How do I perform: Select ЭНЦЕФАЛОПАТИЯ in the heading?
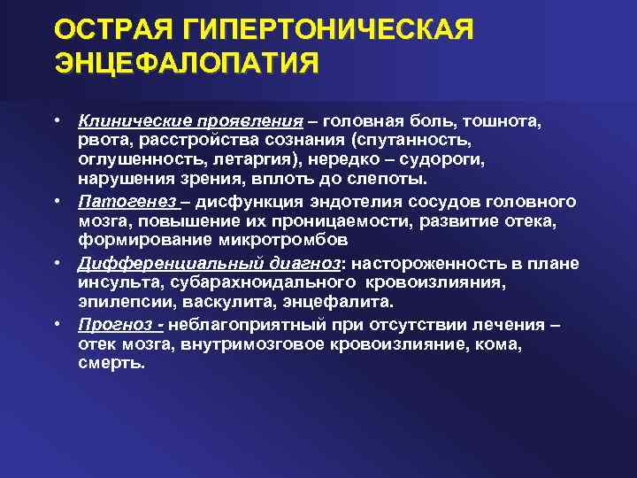click(x=187, y=64)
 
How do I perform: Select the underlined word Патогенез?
click(x=115, y=201)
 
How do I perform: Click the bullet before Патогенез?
click(x=56, y=200)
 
